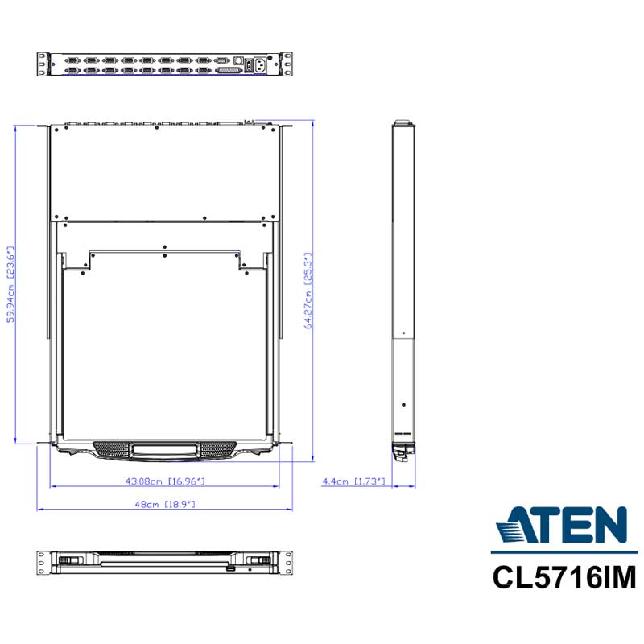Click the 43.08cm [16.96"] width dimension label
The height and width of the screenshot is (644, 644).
[x=165, y=481]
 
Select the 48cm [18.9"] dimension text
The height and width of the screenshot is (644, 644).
[x=165, y=504]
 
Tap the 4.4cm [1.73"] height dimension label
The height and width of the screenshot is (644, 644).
[x=353, y=481]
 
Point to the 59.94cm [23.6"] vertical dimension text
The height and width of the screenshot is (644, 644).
[x=10, y=284]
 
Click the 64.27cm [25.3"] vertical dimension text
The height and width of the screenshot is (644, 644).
[x=308, y=291]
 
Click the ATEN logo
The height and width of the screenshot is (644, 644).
[x=561, y=524]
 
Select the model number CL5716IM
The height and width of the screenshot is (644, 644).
[x=564, y=577]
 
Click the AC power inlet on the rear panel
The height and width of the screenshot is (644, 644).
[x=260, y=65]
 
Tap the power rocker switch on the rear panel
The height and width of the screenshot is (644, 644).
[x=249, y=66]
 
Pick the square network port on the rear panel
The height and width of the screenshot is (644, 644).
[x=238, y=60]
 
